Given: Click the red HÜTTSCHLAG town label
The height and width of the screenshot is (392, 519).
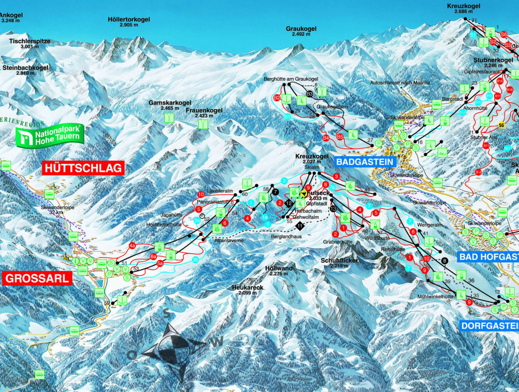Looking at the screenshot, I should click(83, 168).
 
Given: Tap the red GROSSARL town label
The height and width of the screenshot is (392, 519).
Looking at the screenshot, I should click(37, 278).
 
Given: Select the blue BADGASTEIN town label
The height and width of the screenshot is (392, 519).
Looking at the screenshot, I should click(364, 161).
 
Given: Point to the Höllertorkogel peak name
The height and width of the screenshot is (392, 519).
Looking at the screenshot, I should click(129, 20).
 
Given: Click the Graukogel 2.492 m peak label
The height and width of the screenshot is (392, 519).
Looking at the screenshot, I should click(301, 31).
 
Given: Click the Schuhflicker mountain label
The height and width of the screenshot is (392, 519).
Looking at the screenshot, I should click(339, 261).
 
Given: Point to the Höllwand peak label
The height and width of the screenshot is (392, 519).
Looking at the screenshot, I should click(279, 269).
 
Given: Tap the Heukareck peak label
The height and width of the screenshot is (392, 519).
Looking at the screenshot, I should click(247, 288).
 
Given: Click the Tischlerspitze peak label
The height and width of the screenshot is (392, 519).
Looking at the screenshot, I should click(30, 41).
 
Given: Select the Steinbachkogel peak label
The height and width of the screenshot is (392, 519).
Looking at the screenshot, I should click(25, 68).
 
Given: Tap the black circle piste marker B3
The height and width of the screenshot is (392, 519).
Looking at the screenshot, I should click(310, 94).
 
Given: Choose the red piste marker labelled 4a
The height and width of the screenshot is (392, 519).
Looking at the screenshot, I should click(132, 246).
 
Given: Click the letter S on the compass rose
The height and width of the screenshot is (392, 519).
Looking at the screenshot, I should click(167, 314).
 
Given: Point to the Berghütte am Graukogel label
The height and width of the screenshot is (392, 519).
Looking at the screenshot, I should click(291, 79).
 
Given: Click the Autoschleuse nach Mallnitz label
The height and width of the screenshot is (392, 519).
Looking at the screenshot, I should click(400, 83).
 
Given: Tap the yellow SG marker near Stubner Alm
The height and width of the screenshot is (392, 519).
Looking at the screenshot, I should click(500, 125).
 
